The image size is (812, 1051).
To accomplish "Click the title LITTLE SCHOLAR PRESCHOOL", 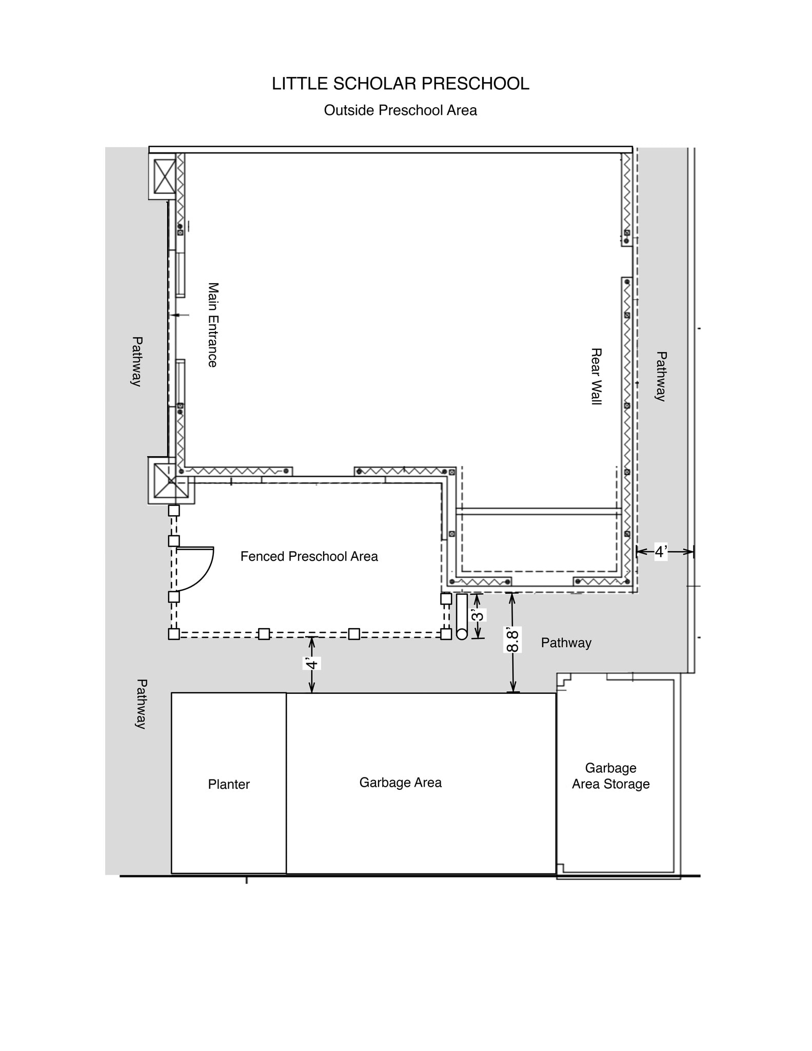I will [400, 84].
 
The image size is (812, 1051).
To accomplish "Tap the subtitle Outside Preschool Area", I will [400, 110].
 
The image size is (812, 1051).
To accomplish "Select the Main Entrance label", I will [213, 324].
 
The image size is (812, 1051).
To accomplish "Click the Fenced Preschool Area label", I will [309, 556].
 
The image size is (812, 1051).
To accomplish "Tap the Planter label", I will [229, 784].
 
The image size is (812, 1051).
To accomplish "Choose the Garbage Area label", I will [400, 782].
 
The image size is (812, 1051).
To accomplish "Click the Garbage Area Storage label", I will [610, 776].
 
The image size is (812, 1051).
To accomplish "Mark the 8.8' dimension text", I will [512, 639].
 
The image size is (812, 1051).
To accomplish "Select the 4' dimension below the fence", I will [311, 664].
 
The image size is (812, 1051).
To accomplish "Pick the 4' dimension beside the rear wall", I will [661, 552].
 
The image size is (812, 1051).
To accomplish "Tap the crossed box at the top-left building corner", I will [165, 177].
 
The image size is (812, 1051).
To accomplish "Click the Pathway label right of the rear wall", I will [661, 376].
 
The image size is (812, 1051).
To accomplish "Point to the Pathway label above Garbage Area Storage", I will [566, 643].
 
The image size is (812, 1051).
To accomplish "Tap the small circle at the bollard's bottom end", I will [462, 634].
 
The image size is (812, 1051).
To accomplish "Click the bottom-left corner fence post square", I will [174, 634].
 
